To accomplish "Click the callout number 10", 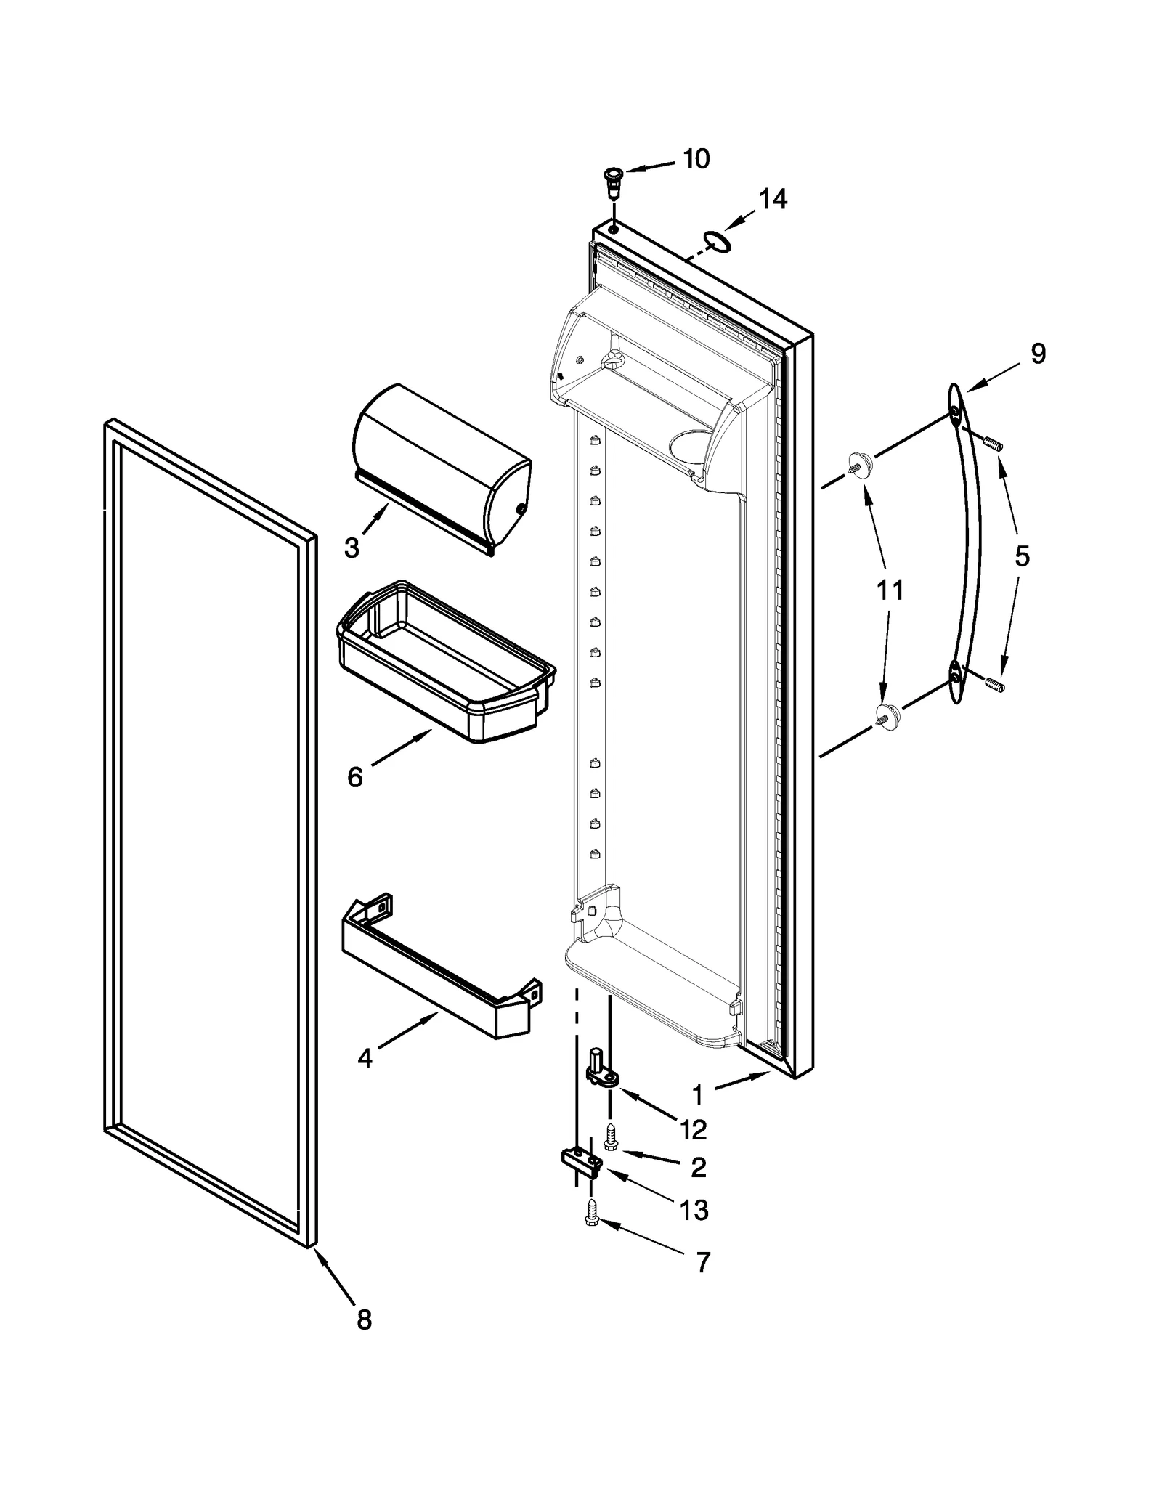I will pos(696,159).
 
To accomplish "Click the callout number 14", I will pos(773,199).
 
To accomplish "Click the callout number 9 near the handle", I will pos(1038,354).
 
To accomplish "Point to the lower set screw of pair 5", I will pos(994,683).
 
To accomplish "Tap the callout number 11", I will pos(890,590).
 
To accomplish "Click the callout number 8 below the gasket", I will pos(364,1320).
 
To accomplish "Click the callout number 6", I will pos(354,777).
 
